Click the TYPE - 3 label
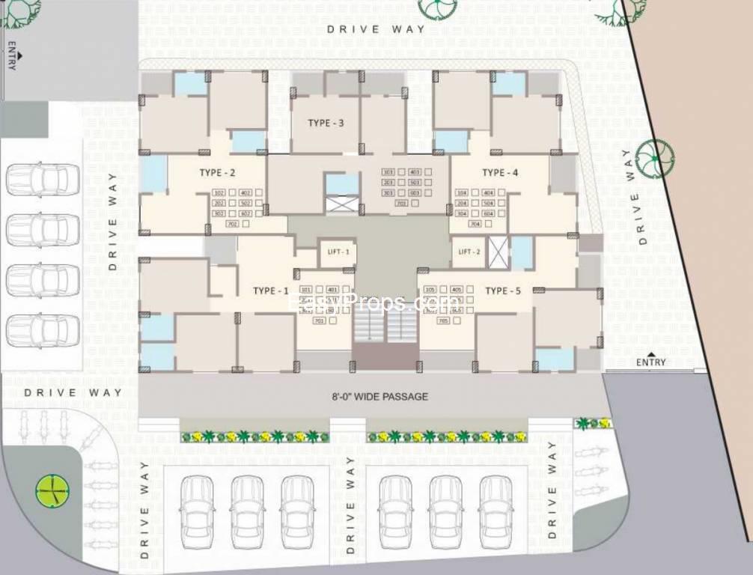[326, 123]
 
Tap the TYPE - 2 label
[218, 173]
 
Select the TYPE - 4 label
[501, 173]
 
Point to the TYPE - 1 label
[270, 290]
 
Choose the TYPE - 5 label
[503, 290]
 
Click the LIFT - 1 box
[338, 252]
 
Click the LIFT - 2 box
[469, 252]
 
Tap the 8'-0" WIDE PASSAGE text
[380, 396]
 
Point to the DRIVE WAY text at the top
[376, 29]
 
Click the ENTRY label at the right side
[650, 362]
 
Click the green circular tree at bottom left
[52, 490]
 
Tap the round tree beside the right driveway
[655, 159]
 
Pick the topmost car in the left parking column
[43, 179]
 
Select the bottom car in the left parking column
[43, 331]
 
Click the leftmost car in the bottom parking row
[197, 512]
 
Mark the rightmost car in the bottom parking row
[496, 512]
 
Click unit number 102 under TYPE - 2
[219, 192]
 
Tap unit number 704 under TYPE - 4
[473, 224]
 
